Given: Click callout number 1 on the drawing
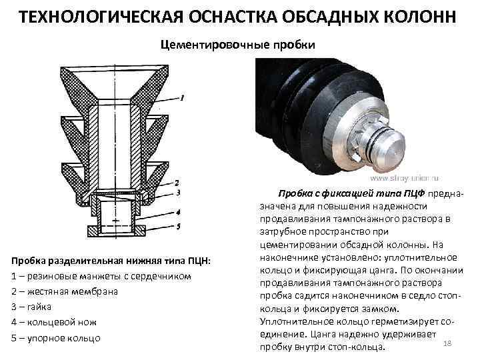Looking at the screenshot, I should coord(182,98).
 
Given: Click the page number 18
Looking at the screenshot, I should coord(447,343).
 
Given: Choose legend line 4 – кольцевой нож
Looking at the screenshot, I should coord(54,322).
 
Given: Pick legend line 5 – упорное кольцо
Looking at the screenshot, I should coord(56,338).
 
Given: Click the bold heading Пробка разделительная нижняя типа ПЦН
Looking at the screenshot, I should coord(111,260).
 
